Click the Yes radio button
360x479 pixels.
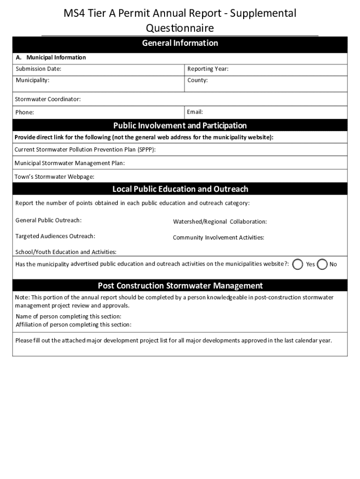coord(297,264)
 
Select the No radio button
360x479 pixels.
coord(322,264)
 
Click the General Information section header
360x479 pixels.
coord(180,43)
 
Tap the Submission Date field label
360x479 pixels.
coord(38,69)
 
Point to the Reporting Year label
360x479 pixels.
coord(208,69)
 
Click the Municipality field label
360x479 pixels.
coord(33,80)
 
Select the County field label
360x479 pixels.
coord(197,80)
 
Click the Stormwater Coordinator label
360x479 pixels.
coord(48,99)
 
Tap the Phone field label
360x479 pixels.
coord(24,112)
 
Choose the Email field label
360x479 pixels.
coord(195,112)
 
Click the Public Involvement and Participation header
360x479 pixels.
coord(180,125)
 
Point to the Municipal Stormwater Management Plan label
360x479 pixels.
coord(70,163)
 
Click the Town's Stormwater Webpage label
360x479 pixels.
coord(55,177)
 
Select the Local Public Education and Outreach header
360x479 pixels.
coord(180,189)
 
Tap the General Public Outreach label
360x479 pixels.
coord(49,220)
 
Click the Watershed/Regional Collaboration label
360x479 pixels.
coord(220,222)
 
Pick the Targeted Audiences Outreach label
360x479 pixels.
coord(55,236)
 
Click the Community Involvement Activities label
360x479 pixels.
coord(218,238)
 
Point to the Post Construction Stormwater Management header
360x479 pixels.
coord(180,285)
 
